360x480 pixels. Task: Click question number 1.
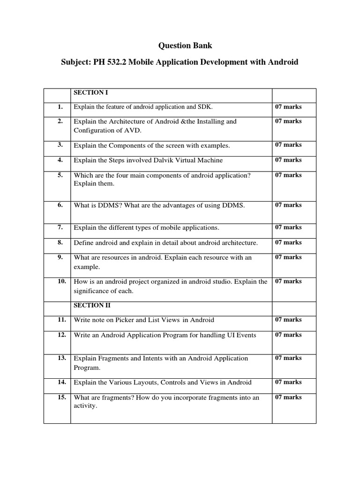(x=60, y=107)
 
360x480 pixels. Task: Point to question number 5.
(x=60, y=175)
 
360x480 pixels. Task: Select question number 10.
(x=61, y=281)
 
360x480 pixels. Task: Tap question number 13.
(x=61, y=358)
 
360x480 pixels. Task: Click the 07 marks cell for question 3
(x=288, y=145)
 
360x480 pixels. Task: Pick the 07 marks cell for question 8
(x=288, y=242)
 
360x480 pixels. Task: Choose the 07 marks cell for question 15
(x=288, y=397)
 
